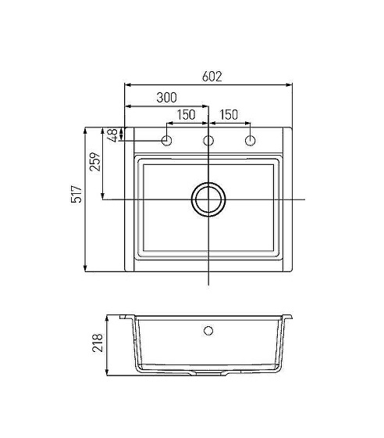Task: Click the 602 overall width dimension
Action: pos(212,77)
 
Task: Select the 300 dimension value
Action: pos(166,98)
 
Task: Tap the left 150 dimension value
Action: pos(187,115)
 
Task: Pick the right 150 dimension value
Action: pos(229,115)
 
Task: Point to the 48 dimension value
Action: pos(113,135)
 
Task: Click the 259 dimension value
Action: pos(94,162)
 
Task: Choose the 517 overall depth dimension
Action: pos(76,194)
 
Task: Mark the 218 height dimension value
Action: pos(98,343)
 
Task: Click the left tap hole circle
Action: pos(167,141)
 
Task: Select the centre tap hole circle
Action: pos(208,141)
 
